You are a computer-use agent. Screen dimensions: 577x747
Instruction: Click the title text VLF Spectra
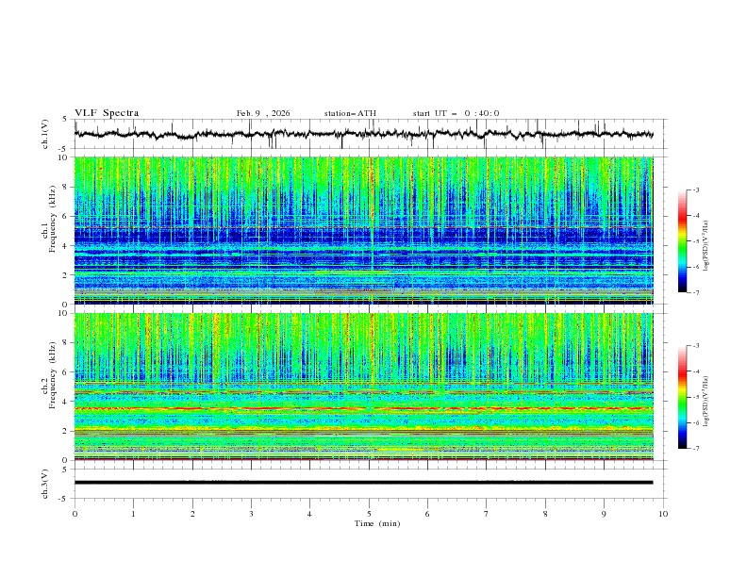[107, 113]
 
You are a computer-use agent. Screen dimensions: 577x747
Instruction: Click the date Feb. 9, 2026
[263, 113]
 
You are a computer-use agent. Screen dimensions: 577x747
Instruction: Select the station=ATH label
[350, 113]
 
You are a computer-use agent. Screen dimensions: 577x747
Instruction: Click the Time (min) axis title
[369, 522]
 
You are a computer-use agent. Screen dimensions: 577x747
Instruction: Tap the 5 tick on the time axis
[369, 513]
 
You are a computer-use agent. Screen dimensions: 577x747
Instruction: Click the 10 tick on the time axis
[663, 513]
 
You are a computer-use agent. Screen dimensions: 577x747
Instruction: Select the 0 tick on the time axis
[75, 513]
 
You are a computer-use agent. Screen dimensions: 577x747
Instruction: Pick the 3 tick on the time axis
[251, 513]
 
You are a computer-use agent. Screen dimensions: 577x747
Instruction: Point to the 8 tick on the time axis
[545, 513]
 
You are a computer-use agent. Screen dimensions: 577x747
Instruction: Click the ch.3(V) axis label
[45, 483]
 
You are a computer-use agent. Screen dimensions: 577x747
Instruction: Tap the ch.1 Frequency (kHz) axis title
[47, 230]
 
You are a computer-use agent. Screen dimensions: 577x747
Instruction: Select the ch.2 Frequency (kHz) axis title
[47, 387]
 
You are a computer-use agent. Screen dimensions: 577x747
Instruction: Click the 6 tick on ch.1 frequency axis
[65, 216]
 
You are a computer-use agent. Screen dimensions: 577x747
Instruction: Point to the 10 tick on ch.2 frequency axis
[63, 313]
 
